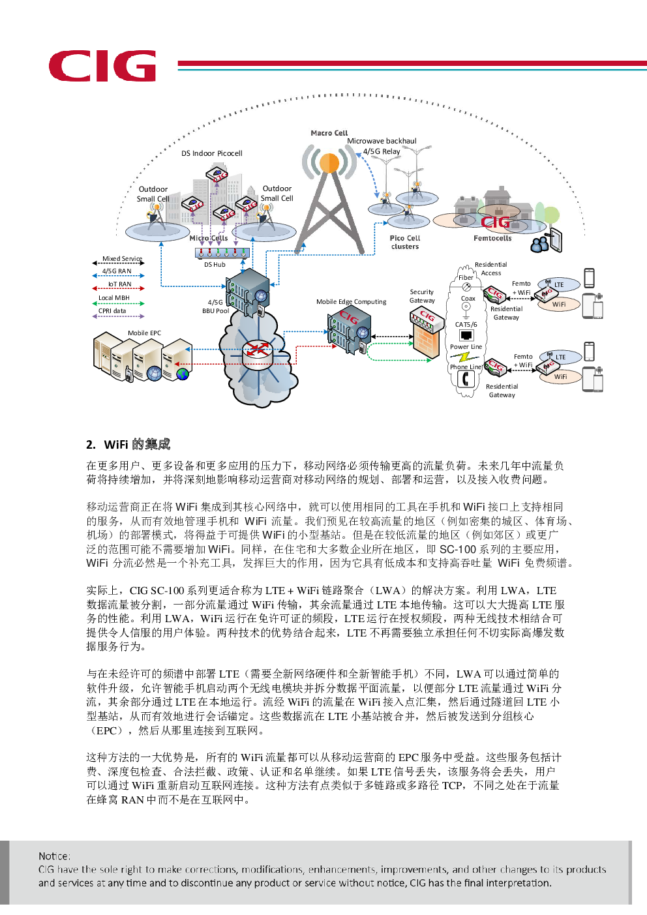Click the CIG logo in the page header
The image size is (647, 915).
tap(102, 66)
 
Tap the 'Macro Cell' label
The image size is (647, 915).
tap(329, 133)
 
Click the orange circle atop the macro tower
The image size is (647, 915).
tap(329, 162)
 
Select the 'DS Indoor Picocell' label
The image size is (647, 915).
tap(211, 153)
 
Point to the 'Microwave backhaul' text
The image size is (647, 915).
tap(382, 141)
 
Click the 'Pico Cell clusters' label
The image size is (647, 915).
tap(405, 242)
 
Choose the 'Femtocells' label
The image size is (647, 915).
tap(492, 239)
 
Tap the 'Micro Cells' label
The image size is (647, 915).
tap(209, 238)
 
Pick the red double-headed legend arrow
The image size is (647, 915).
tap(118, 288)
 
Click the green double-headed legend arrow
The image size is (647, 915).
tap(118, 303)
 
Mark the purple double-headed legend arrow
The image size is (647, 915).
tap(118, 316)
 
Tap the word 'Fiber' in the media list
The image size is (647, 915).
tap(466, 278)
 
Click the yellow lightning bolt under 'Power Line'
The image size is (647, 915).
tap(464, 357)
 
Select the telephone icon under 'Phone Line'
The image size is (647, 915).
tap(466, 379)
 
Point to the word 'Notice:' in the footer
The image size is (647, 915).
tap(54, 856)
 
